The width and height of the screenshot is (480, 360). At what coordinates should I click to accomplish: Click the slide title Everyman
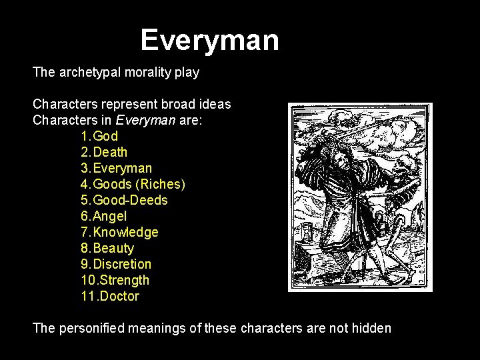coord(209,40)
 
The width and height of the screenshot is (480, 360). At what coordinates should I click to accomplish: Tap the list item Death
coord(111,153)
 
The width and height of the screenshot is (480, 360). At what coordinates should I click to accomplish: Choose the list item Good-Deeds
coord(131,201)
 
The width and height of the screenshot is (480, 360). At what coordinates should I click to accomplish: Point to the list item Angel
coord(110,217)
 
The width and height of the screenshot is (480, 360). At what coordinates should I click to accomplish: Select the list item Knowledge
coord(126,233)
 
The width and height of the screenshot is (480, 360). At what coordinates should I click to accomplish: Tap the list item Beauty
coord(113,249)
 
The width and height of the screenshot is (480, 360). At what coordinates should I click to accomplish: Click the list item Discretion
coord(122,265)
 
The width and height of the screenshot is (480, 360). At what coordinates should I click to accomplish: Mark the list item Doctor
coord(118,297)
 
